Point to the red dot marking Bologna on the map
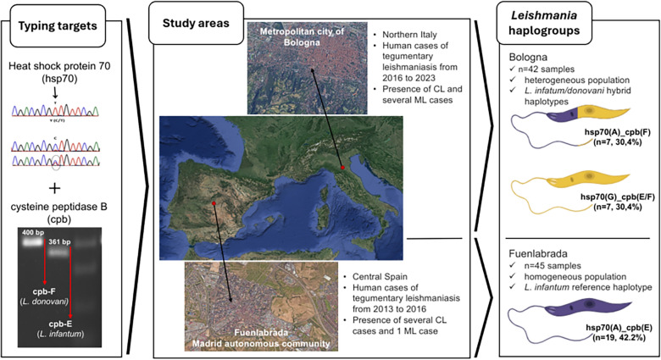coord(342,168)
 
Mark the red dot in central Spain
coord(214,203)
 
